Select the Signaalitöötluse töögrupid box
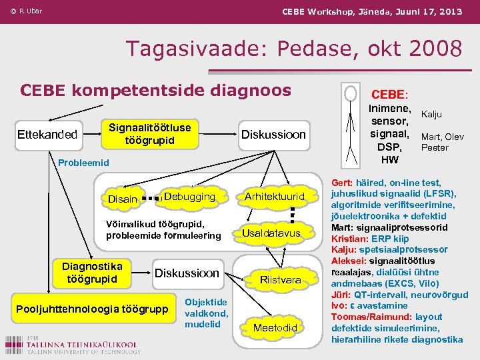[x=149, y=134]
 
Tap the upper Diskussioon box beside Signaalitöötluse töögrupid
[x=273, y=135]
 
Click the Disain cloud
[x=123, y=199]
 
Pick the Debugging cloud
[x=190, y=197]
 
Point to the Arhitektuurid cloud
[x=274, y=197]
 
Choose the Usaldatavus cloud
[x=271, y=233]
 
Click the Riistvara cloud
[x=281, y=279]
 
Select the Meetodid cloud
[x=275, y=327]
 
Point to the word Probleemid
[x=83, y=162]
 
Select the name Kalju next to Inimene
[x=431, y=115]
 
